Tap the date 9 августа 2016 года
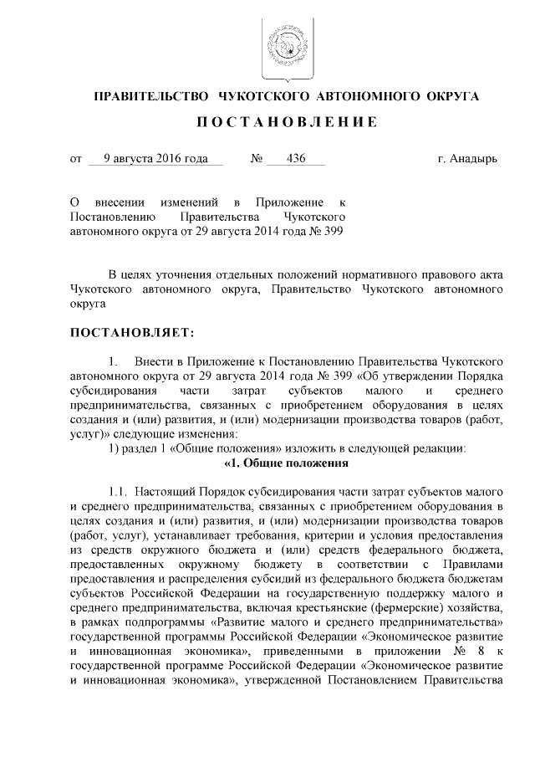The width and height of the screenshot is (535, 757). (x=150, y=158)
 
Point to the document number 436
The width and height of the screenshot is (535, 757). (x=295, y=158)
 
